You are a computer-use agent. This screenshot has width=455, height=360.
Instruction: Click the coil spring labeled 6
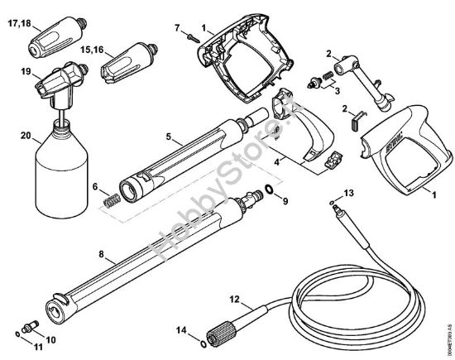[x=110, y=200]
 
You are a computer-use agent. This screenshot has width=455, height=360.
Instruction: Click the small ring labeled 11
[x=19, y=334]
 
